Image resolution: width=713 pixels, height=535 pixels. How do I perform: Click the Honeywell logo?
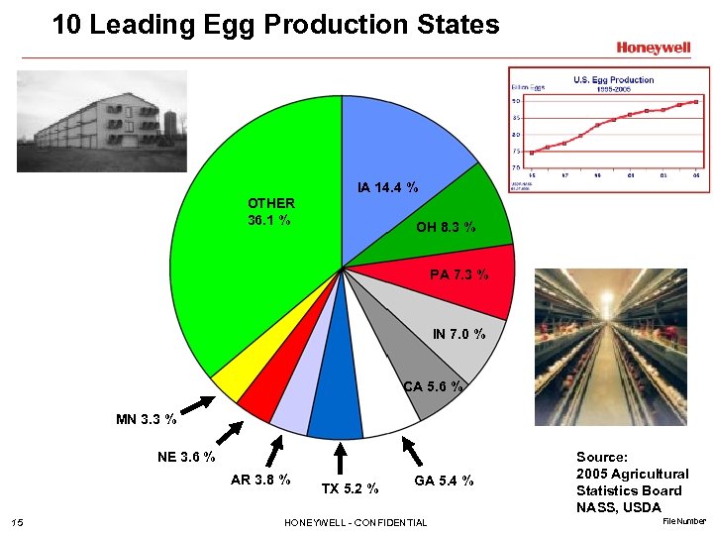pos(653,48)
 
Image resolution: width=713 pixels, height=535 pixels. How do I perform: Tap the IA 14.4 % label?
pos(387,186)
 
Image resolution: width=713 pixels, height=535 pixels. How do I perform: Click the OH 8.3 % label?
pos(445,227)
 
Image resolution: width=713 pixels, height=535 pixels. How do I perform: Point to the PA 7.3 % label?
pos(458,274)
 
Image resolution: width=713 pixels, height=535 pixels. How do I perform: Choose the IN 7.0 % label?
pos(458,334)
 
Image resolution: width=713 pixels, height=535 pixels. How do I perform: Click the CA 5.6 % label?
pos(433,386)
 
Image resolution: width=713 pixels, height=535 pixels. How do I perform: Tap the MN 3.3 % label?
pos(147,419)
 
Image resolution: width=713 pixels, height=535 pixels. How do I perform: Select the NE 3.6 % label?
pos(186,457)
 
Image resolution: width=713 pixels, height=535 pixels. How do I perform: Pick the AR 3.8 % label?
pos(260,480)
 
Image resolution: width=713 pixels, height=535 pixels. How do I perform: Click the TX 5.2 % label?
pos(350,487)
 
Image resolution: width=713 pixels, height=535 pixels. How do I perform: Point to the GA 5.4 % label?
pos(444,481)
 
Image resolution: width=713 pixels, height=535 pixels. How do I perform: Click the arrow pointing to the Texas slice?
pos(339,459)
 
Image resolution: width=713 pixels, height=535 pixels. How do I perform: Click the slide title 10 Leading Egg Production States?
pos(276,24)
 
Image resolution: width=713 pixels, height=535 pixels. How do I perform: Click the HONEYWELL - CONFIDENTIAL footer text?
pos(356,522)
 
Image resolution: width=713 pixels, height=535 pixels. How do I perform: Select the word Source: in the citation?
pos(602,457)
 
